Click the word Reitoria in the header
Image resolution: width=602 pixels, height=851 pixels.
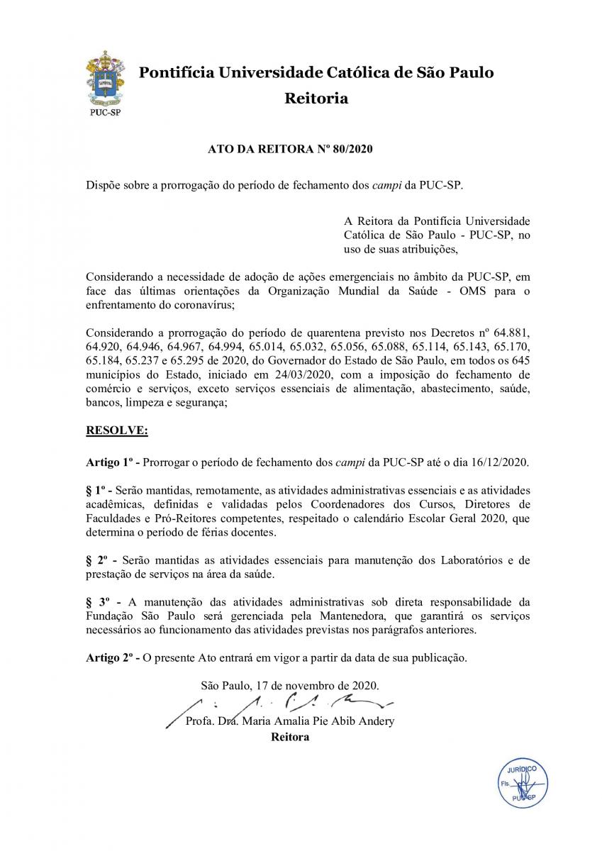316,99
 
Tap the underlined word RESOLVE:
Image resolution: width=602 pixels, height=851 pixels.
117,430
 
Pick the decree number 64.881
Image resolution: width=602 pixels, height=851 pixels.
511,334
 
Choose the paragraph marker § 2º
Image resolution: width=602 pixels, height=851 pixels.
96,561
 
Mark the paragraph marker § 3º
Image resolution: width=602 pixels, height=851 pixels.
98,603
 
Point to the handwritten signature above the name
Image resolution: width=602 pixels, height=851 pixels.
284,704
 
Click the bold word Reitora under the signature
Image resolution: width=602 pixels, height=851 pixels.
290,737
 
